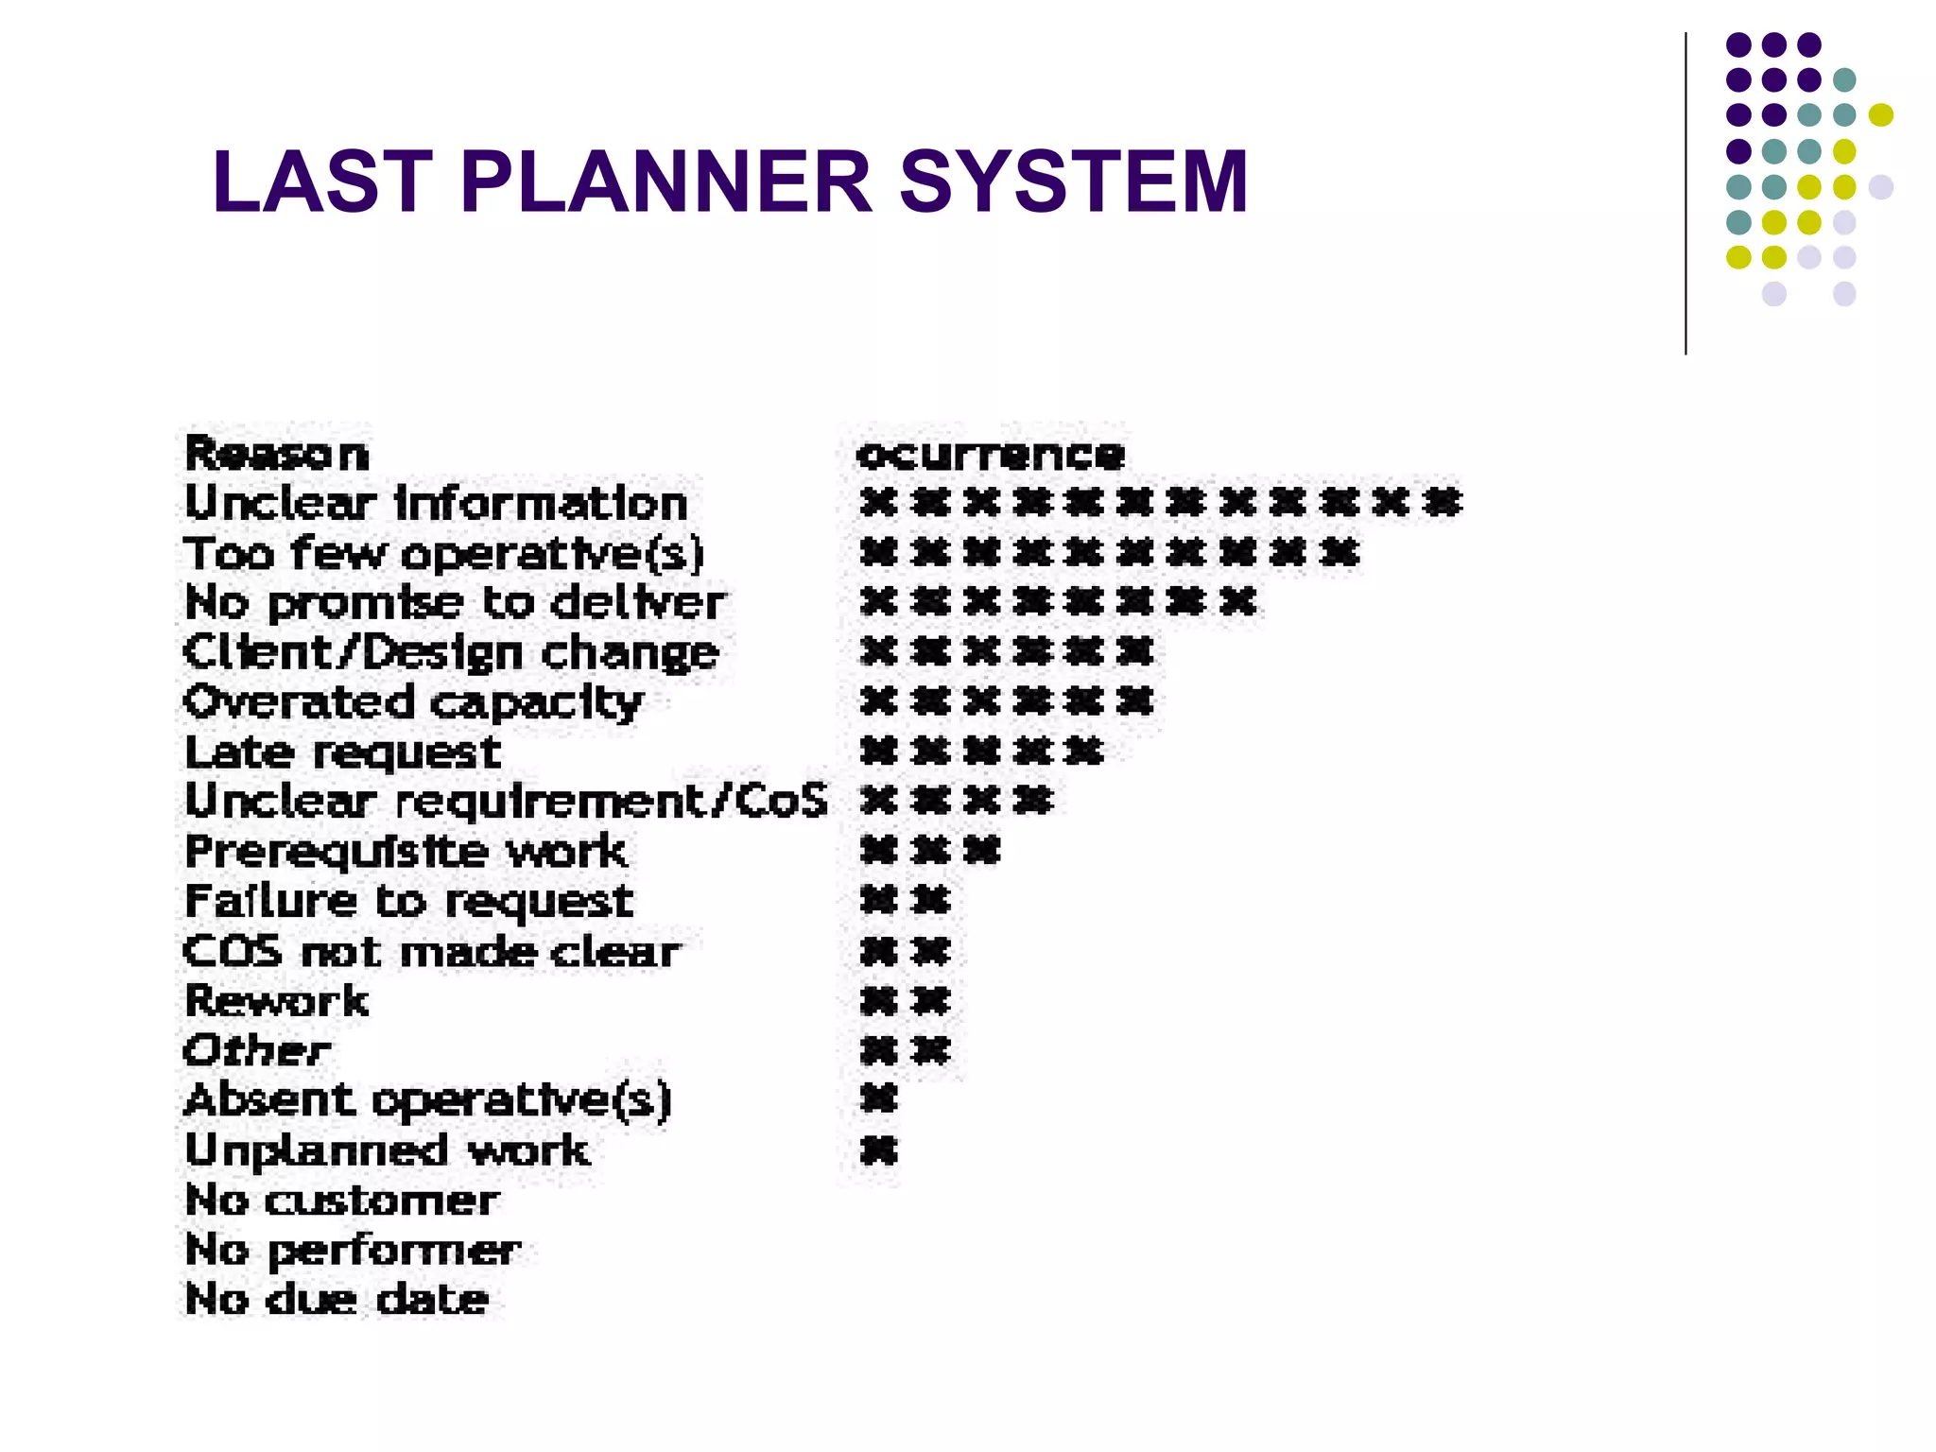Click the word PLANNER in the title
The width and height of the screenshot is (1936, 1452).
point(666,181)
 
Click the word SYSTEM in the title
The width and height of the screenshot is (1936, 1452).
point(1074,181)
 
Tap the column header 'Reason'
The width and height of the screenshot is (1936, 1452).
point(276,454)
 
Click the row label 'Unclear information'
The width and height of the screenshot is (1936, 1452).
point(436,503)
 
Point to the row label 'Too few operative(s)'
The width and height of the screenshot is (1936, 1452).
point(443,553)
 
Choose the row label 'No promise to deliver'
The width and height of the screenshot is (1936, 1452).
point(455,602)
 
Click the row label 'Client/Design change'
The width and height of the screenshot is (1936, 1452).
point(451,652)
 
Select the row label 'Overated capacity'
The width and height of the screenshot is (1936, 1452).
point(413,702)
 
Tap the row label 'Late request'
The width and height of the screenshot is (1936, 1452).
point(342,752)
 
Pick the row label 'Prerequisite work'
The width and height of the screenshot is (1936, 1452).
point(406,852)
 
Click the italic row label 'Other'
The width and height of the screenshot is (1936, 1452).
point(257,1050)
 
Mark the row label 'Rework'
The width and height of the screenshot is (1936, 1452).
point(276,1001)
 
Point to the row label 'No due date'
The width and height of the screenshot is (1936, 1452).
point(337,1299)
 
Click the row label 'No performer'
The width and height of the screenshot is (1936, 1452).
point(353,1250)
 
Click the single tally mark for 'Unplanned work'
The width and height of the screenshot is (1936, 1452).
point(878,1150)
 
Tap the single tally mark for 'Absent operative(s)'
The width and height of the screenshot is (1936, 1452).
point(878,1099)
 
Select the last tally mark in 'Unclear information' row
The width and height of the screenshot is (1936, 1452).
point(1443,502)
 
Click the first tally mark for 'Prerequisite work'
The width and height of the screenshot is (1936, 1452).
point(878,851)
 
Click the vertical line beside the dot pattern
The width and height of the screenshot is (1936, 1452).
point(1685,194)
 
